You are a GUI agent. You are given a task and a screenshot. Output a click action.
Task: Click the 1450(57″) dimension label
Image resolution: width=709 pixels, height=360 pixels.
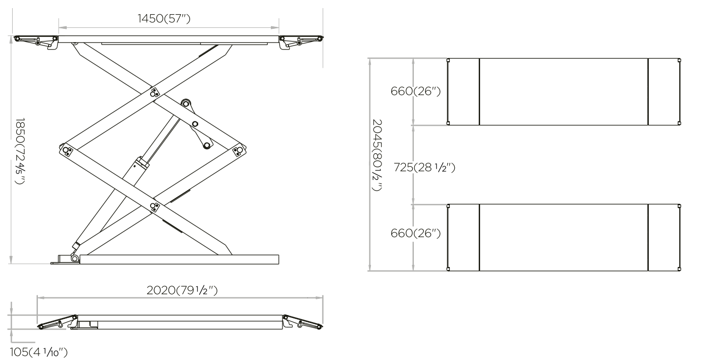click(164, 19)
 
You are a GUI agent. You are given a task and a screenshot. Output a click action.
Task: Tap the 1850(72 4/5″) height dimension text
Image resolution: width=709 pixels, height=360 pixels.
click(20, 151)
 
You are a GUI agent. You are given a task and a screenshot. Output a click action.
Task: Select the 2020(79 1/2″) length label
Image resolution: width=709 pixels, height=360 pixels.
click(182, 290)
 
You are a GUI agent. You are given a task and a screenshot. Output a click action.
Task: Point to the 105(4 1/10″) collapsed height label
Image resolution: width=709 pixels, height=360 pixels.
click(38, 352)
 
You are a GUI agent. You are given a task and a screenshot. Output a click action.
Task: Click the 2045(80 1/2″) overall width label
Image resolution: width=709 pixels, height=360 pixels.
click(376, 155)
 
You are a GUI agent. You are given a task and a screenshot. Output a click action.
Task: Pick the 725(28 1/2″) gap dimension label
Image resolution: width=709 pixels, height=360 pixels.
click(424, 167)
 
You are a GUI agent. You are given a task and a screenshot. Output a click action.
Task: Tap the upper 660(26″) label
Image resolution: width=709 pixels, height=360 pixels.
click(415, 91)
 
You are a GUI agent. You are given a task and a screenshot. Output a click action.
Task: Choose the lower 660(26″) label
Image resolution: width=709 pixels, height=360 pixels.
click(415, 234)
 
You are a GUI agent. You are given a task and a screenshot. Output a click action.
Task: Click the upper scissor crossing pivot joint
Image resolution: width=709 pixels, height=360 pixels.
click(155, 93)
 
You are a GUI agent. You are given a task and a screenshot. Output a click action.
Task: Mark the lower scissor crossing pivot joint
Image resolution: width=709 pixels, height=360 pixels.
click(155, 207)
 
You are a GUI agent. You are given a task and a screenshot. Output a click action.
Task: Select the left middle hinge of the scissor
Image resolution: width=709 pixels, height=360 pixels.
click(67, 150)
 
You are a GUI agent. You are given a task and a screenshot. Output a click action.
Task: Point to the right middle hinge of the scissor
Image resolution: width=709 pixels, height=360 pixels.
click(239, 150)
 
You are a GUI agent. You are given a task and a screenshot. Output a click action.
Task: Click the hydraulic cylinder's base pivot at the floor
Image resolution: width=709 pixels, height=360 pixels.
click(75, 258)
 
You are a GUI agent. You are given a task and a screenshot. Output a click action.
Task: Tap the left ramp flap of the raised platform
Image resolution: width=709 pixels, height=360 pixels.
click(35, 41)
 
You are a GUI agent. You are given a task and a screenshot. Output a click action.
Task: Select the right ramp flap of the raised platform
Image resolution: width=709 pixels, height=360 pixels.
click(301, 41)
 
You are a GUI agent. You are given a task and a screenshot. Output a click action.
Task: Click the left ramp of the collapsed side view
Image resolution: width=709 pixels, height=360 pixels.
click(58, 322)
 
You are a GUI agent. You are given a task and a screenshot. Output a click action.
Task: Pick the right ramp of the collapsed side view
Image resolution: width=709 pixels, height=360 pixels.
click(303, 322)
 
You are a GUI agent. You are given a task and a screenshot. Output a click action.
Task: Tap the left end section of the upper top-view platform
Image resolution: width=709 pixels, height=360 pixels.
click(463, 92)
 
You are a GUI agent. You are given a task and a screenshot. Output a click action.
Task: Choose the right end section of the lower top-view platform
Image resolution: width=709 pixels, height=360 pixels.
click(664, 238)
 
